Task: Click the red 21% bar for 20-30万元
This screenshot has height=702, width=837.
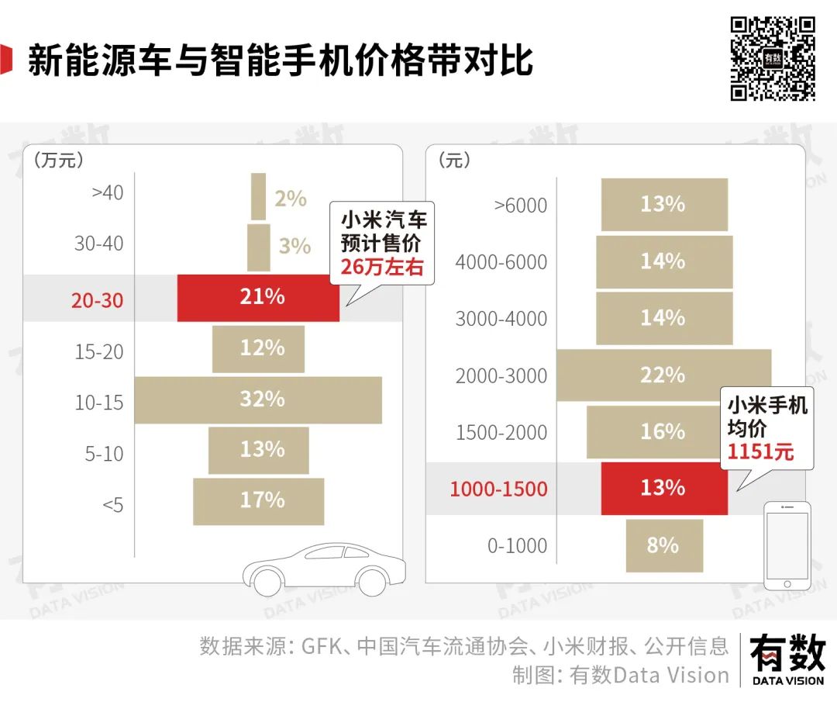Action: pyautogui.click(x=258, y=297)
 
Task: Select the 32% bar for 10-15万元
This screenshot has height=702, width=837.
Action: pyautogui.click(x=258, y=399)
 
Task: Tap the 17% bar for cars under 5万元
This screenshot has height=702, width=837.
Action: pyautogui.click(x=258, y=501)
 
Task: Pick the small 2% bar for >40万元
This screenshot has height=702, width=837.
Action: pyautogui.click(x=258, y=197)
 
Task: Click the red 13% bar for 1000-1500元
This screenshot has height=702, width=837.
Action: pyautogui.click(x=664, y=488)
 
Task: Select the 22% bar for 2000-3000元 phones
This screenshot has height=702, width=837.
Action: pyautogui.click(x=664, y=375)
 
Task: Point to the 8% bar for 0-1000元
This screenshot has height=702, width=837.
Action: pyautogui.click(x=664, y=545)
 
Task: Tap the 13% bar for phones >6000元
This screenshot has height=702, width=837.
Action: pyautogui.click(x=664, y=205)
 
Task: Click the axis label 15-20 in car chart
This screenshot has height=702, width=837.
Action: pyautogui.click(x=99, y=351)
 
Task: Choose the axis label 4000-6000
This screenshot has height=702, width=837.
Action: pyautogui.click(x=501, y=262)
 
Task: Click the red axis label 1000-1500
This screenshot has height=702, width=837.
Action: pyautogui.click(x=498, y=489)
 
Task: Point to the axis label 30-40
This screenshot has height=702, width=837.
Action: pyautogui.click(x=99, y=244)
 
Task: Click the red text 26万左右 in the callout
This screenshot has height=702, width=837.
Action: pyautogui.click(x=383, y=268)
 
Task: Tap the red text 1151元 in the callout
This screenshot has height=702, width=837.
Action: pyautogui.click(x=760, y=451)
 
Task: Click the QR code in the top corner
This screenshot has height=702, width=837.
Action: pyautogui.click(x=773, y=58)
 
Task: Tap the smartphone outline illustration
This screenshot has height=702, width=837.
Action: pyautogui.click(x=787, y=545)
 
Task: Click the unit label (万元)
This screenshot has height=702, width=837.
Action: pyautogui.click(x=58, y=161)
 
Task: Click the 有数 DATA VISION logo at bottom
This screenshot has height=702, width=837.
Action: pyautogui.click(x=787, y=659)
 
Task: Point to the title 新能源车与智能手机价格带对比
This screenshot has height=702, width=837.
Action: pyautogui.click(x=281, y=60)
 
